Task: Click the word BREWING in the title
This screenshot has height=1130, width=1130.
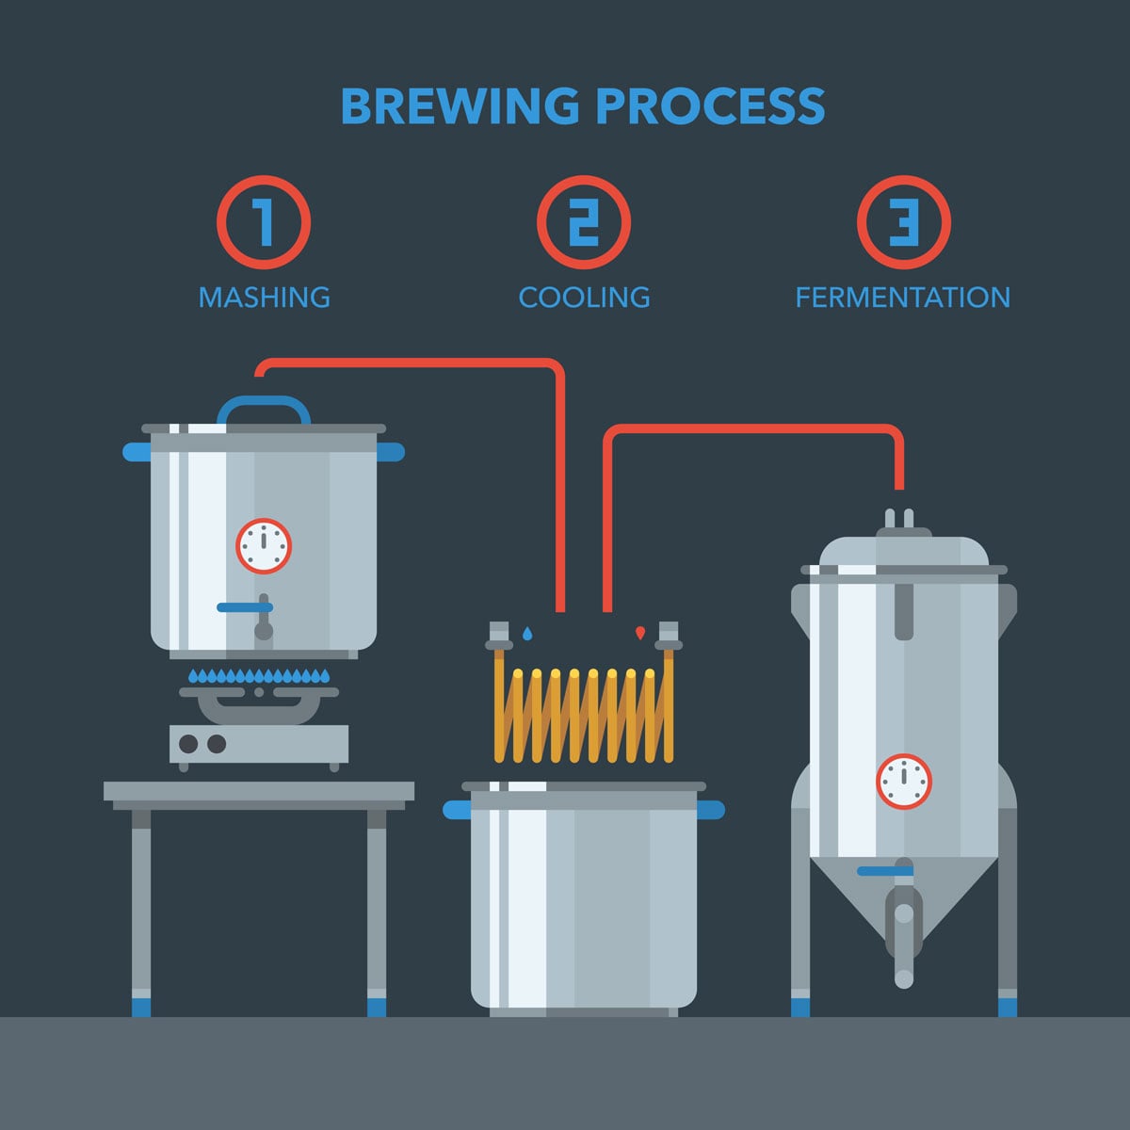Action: [x=460, y=106]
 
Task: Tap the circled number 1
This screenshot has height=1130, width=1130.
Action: [x=264, y=223]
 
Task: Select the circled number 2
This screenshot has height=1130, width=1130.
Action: [x=584, y=223]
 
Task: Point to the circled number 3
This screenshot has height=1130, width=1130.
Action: [x=903, y=223]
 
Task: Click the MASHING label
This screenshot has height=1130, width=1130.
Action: [x=264, y=298]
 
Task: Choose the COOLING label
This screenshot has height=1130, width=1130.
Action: [x=584, y=298]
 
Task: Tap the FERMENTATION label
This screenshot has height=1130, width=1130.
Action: [x=902, y=298]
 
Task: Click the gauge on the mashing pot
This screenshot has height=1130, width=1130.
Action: [x=264, y=545]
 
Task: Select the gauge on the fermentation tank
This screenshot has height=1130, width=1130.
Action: [x=903, y=782]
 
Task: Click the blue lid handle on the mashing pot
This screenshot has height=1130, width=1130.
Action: [x=264, y=405]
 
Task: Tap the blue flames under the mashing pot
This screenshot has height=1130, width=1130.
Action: [x=259, y=675]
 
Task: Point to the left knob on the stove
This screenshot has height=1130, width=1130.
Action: [x=188, y=744]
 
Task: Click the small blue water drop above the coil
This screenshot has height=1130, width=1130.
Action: [x=526, y=634]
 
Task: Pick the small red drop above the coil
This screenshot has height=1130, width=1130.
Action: [x=640, y=633]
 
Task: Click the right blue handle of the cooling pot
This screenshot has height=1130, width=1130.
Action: [x=710, y=810]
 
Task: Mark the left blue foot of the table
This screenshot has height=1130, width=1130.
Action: [x=141, y=1007]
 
